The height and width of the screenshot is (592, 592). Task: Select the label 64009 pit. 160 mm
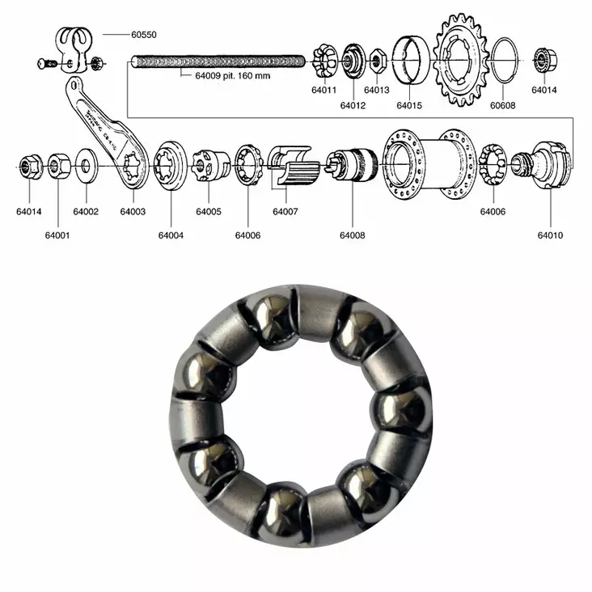coord(232,76)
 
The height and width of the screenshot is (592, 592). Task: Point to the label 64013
coord(376,91)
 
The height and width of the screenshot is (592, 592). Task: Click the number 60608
coord(501,105)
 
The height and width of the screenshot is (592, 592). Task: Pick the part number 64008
coord(352,235)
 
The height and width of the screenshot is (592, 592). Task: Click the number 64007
coord(285,212)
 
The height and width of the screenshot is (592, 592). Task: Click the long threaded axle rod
coord(218,61)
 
